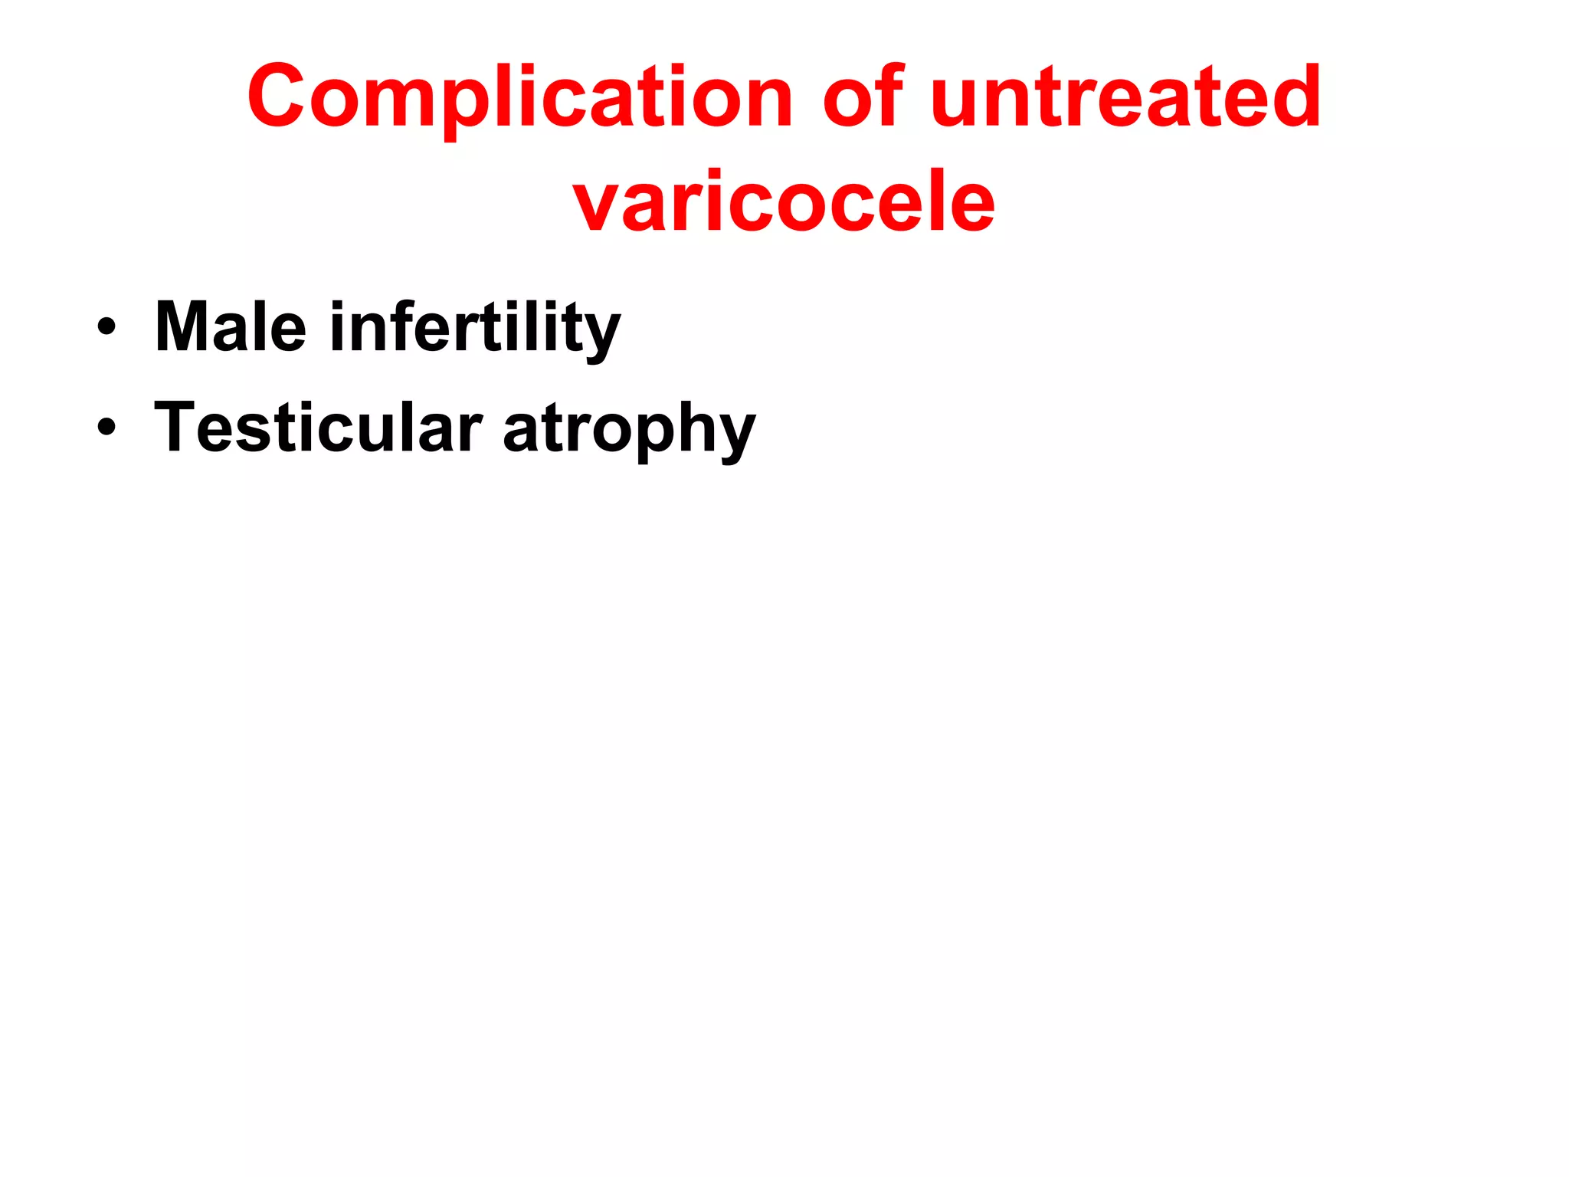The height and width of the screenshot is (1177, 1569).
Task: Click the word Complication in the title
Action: tap(519, 98)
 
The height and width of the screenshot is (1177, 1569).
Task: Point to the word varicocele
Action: tap(784, 202)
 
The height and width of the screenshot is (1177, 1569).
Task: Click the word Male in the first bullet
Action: tap(231, 327)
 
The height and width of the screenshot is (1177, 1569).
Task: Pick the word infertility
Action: tap(475, 328)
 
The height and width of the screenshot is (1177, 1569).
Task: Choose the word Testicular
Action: tap(318, 428)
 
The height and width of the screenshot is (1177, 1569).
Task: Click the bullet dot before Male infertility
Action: tap(106, 327)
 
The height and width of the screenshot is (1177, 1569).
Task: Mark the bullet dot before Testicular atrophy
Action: tap(106, 427)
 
